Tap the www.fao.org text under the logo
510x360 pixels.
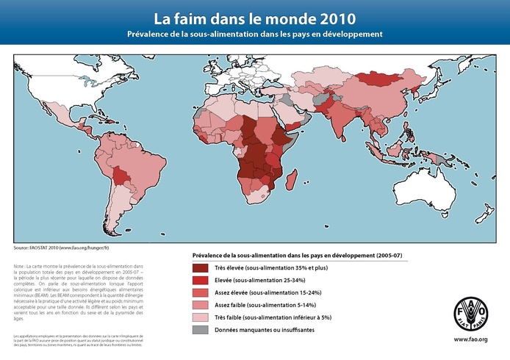pos(470,339)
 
